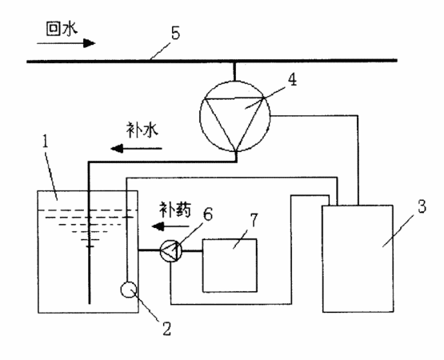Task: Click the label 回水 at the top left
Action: [62, 29]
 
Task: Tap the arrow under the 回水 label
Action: [66, 43]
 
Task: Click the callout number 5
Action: [175, 34]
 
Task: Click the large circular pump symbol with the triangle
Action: [234, 115]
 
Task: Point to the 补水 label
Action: [142, 130]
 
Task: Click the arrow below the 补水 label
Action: [136, 148]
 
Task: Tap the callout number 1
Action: [46, 142]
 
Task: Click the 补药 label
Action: [175, 210]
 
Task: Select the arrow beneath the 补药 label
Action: [170, 226]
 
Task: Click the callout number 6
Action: [207, 214]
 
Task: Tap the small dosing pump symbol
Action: [171, 250]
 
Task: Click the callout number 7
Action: [254, 221]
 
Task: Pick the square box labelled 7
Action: [230, 266]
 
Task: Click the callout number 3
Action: [422, 206]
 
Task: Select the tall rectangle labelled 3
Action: [358, 258]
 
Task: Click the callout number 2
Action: [166, 329]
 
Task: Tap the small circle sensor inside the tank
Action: [129, 290]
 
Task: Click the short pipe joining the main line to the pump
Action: [234, 71]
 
